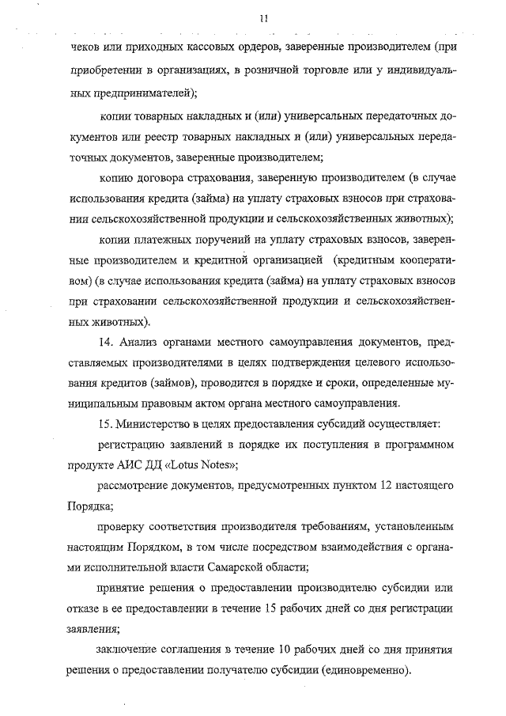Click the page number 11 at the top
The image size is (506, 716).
[x=262, y=17]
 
